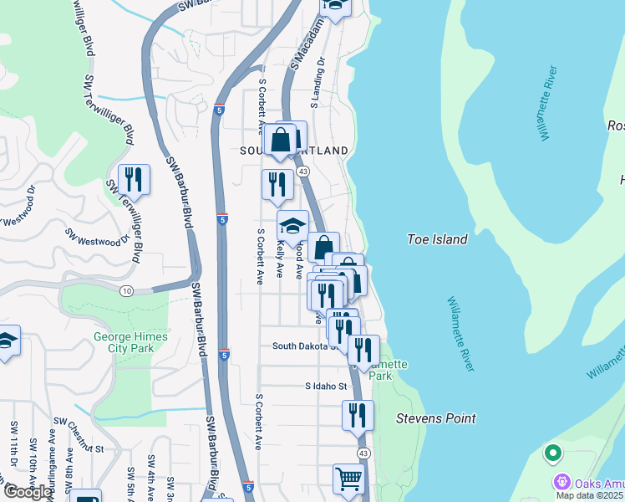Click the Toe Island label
[437, 239]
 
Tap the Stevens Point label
[435, 418]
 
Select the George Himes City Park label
[130, 342]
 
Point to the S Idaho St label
[325, 386]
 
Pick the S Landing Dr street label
[317, 87]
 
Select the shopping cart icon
[349, 479]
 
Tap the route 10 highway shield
[126, 290]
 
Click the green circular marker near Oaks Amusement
[551, 454]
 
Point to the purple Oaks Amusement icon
[561, 483]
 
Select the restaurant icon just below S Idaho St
[358, 414]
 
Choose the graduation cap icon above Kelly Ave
[292, 225]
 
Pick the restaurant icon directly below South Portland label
[278, 184]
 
